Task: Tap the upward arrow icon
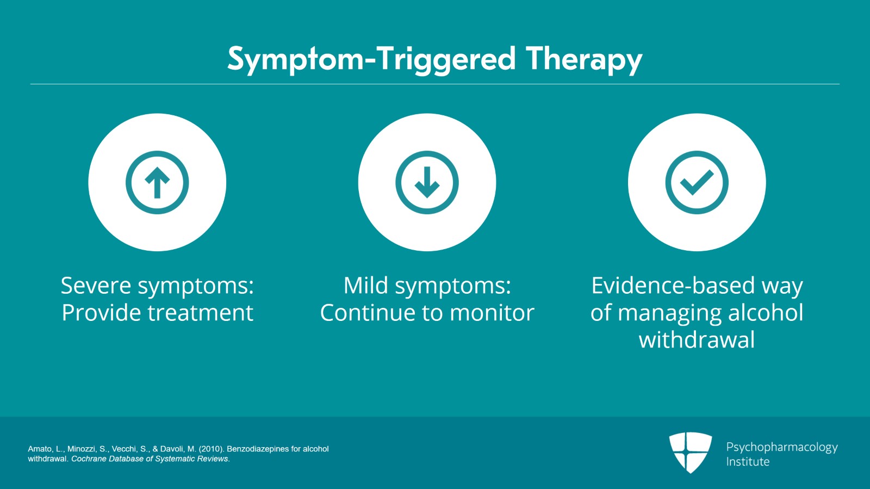coord(157,182)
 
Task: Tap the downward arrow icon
coord(427,182)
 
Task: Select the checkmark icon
coord(697,182)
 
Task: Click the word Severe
coord(96,286)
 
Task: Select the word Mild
coord(365,286)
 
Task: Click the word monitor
coord(492,313)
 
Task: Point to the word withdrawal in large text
coord(697,340)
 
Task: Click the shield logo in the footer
coord(690,451)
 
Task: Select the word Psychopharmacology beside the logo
coord(781,447)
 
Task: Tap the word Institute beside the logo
coord(748,462)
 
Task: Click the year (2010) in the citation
coord(211,449)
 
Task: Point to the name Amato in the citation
coord(40,449)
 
